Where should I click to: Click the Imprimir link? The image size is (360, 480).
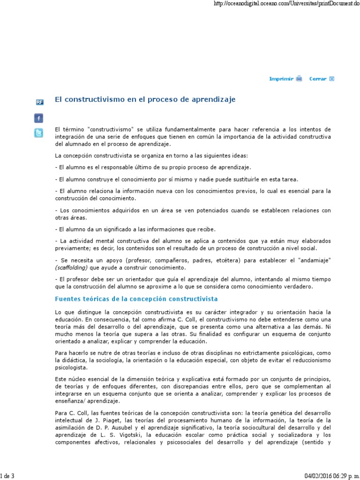coord(281,79)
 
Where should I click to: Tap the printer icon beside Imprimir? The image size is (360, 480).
coord(299,79)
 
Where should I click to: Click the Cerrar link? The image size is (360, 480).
coord(318,79)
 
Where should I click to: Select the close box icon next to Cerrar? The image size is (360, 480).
coord(332,79)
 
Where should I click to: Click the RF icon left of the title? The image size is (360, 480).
coord(40,102)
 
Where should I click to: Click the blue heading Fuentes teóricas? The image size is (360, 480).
coord(136,299)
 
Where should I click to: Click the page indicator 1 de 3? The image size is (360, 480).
coord(7,476)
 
